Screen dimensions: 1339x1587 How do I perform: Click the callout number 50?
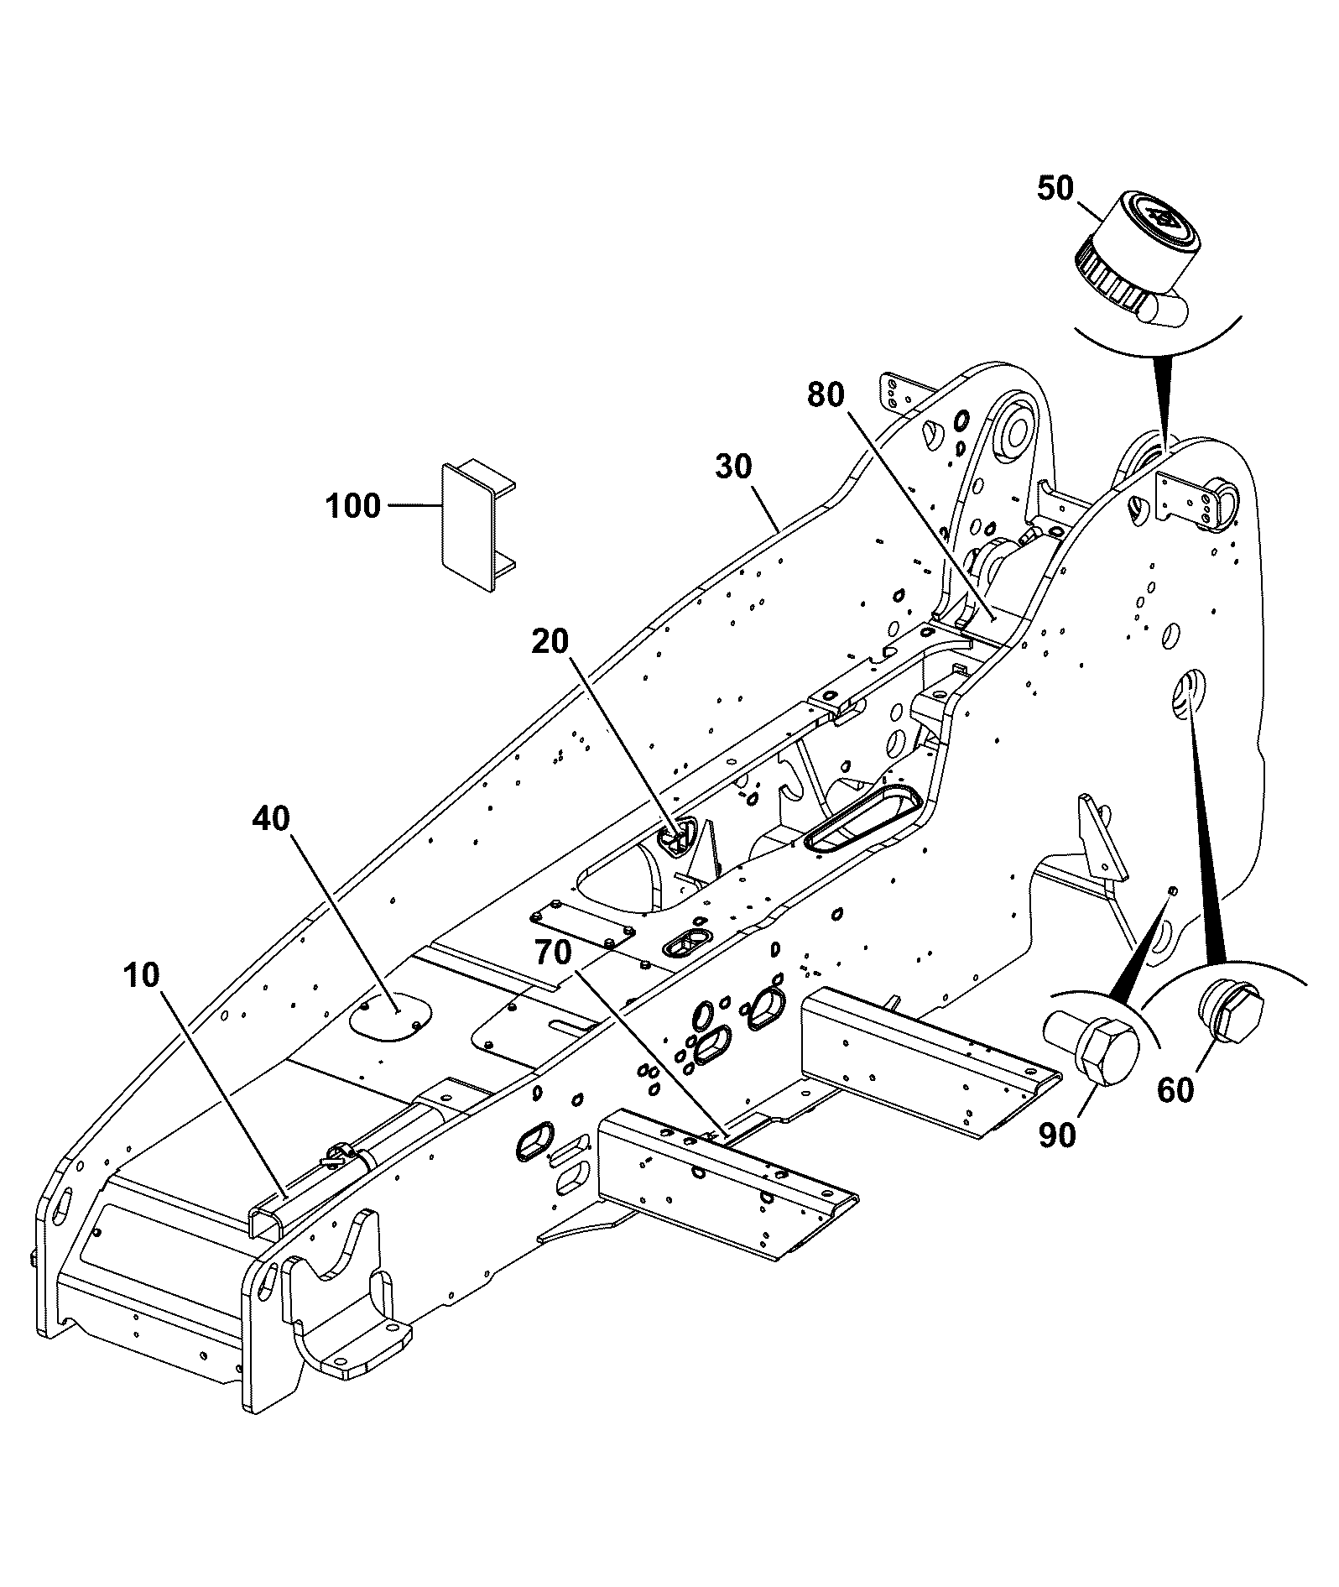coord(1055,189)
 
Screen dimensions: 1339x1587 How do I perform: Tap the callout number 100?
coord(353,506)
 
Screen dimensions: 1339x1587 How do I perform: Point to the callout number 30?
coord(734,467)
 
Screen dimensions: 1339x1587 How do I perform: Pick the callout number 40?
coord(270,817)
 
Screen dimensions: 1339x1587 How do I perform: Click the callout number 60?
coord(1175,1090)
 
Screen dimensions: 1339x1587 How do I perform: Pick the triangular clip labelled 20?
coord(678,838)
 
